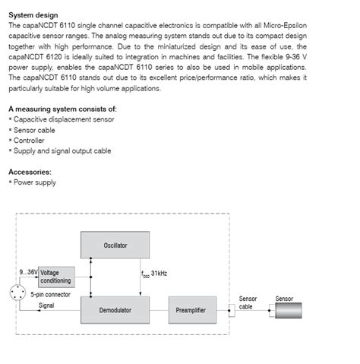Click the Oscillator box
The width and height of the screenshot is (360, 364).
(x=115, y=245)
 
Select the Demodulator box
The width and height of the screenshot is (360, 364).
(x=115, y=310)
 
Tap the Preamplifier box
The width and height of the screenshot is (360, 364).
(x=191, y=310)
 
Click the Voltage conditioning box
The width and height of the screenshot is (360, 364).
(x=55, y=277)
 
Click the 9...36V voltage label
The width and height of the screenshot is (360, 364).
(x=28, y=272)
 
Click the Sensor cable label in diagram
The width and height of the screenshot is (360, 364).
(x=248, y=302)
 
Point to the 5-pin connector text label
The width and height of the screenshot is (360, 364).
(x=50, y=293)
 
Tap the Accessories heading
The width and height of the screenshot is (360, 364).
(x=30, y=172)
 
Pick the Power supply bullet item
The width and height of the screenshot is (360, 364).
(x=34, y=182)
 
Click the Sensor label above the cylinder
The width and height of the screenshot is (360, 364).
(x=284, y=299)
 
